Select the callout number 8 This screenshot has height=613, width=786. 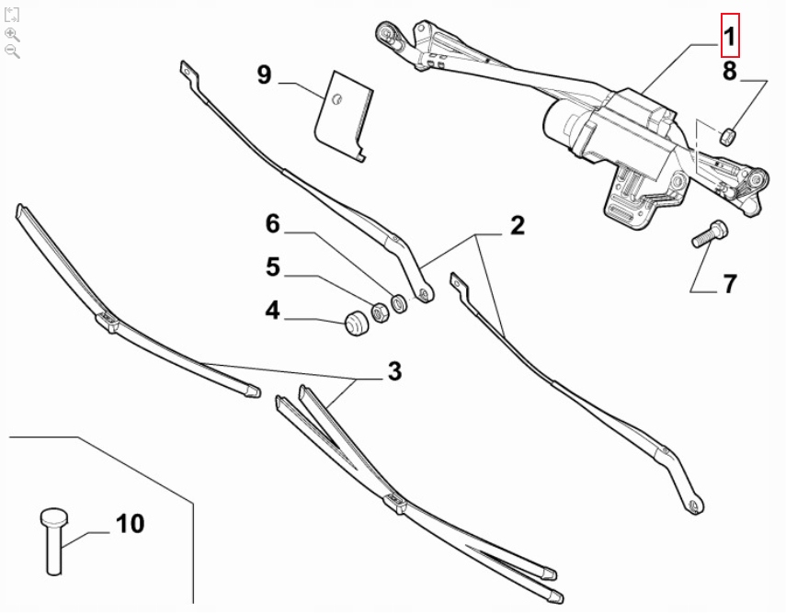(x=729, y=72)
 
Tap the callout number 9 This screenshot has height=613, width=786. (x=264, y=74)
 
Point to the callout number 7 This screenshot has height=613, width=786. (x=729, y=284)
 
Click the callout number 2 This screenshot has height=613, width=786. (x=517, y=224)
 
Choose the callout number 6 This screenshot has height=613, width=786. (x=272, y=223)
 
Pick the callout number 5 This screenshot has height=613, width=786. (x=272, y=267)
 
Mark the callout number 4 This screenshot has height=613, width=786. (x=272, y=312)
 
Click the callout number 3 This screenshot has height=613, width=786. (x=393, y=371)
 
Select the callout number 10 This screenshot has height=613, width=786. (x=130, y=524)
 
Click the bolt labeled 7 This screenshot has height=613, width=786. (x=708, y=233)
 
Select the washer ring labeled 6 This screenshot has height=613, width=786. (x=398, y=301)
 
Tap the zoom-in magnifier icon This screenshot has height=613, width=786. (x=12, y=33)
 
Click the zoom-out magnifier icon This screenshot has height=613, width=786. (x=12, y=50)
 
